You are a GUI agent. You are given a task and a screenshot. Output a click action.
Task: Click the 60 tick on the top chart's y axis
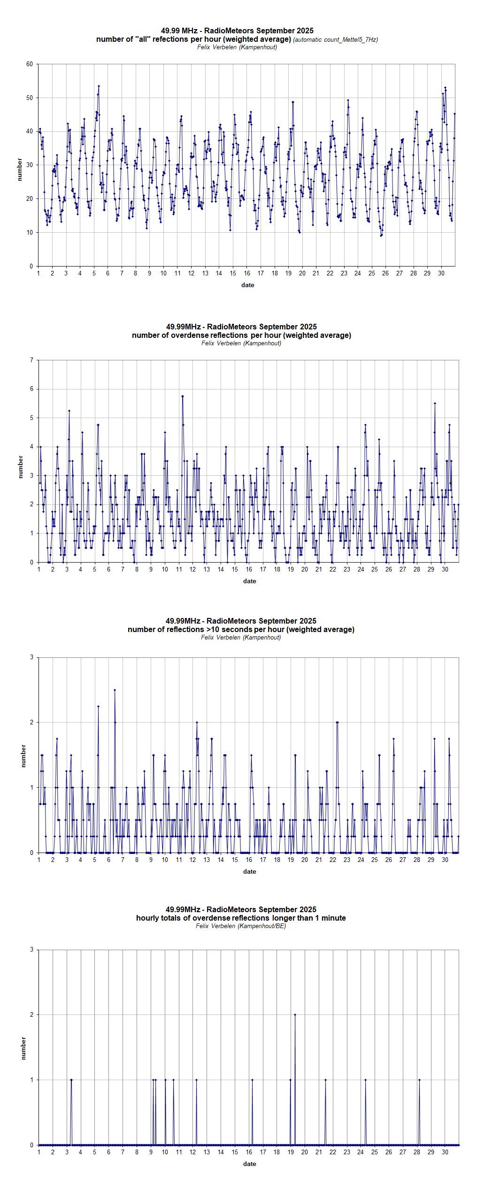(x=30, y=64)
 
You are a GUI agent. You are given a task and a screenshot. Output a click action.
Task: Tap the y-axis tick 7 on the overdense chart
(x=31, y=360)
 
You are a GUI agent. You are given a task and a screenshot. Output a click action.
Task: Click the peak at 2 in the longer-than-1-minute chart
(x=295, y=1015)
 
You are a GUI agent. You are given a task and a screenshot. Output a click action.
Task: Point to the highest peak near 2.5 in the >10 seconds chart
(x=115, y=690)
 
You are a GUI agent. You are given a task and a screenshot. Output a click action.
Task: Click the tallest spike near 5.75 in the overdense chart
(x=183, y=396)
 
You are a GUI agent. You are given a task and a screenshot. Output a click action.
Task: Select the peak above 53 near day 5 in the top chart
(x=99, y=86)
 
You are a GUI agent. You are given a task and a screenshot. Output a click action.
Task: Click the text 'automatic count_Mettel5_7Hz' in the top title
(x=335, y=40)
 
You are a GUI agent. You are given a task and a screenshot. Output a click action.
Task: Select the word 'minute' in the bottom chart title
(x=333, y=918)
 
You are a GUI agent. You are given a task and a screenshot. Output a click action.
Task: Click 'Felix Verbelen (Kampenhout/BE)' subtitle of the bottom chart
(x=241, y=926)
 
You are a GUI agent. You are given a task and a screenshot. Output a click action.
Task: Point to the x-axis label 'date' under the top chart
(x=247, y=285)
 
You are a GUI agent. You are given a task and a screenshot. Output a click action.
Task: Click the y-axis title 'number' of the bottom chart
(x=23, y=1048)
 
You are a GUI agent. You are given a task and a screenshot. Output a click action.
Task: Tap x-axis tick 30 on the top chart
(x=441, y=274)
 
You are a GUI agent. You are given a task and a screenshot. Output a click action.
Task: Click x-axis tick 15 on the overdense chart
(x=235, y=570)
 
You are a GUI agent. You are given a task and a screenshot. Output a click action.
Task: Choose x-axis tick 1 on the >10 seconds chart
(x=38, y=860)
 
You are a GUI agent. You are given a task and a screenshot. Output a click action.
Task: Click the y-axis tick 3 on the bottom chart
(x=31, y=950)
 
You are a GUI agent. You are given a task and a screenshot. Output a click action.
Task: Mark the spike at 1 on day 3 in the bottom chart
(x=71, y=1080)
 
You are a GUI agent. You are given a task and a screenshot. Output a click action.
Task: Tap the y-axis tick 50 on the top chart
(x=30, y=98)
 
